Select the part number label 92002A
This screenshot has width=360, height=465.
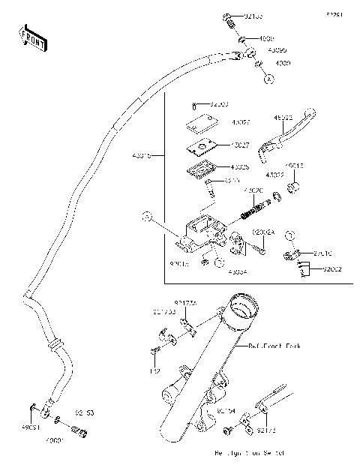pos(263,233)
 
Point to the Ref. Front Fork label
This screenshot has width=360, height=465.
pos(274,346)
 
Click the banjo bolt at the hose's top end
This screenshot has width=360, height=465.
pos(230,20)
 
